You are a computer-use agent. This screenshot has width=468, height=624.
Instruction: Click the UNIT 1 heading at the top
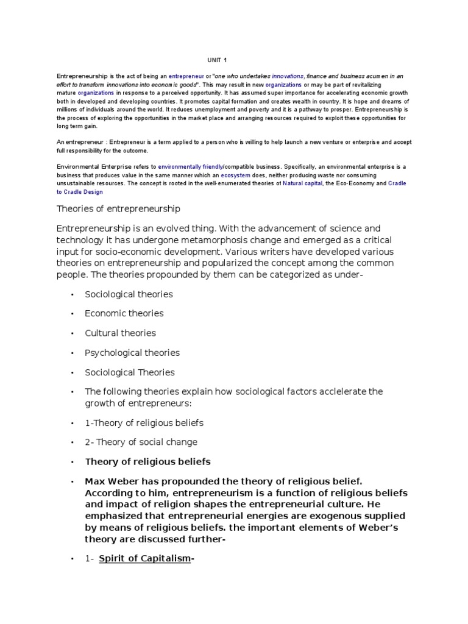pos(216,60)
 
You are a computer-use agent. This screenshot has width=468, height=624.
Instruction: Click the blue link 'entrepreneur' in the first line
pos(186,76)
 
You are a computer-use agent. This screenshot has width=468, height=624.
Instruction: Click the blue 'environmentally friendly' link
pos(191,166)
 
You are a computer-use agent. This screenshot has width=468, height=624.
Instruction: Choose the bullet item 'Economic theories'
pos(124,313)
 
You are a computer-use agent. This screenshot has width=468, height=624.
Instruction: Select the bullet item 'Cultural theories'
pos(120,333)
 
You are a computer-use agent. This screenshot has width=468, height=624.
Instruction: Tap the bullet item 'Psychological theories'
pos(132,353)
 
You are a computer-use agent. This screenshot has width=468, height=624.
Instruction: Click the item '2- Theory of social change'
pos(141,442)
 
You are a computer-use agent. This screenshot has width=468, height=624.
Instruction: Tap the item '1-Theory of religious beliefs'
pos(144,422)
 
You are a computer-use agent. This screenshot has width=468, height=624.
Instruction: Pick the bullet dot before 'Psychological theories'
pos(73,353)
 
